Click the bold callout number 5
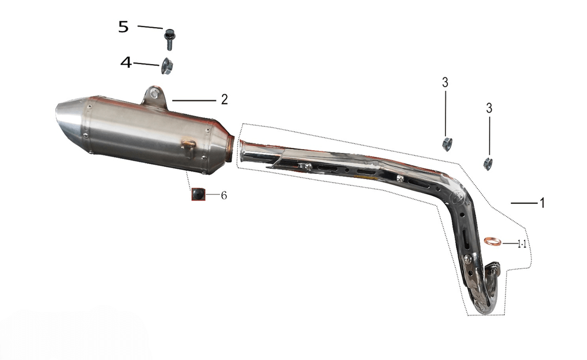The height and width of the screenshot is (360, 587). (x=124, y=27)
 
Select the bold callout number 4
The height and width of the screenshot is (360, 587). (x=126, y=62)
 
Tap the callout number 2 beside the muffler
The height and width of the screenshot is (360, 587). (x=224, y=99)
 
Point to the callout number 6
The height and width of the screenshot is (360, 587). (x=224, y=195)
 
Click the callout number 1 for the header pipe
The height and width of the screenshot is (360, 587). (x=542, y=203)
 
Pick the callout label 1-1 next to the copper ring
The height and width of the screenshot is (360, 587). (x=522, y=244)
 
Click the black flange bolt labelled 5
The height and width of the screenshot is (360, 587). (x=169, y=39)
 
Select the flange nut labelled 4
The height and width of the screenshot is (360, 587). (x=166, y=66)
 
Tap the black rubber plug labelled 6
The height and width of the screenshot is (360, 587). (x=198, y=194)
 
